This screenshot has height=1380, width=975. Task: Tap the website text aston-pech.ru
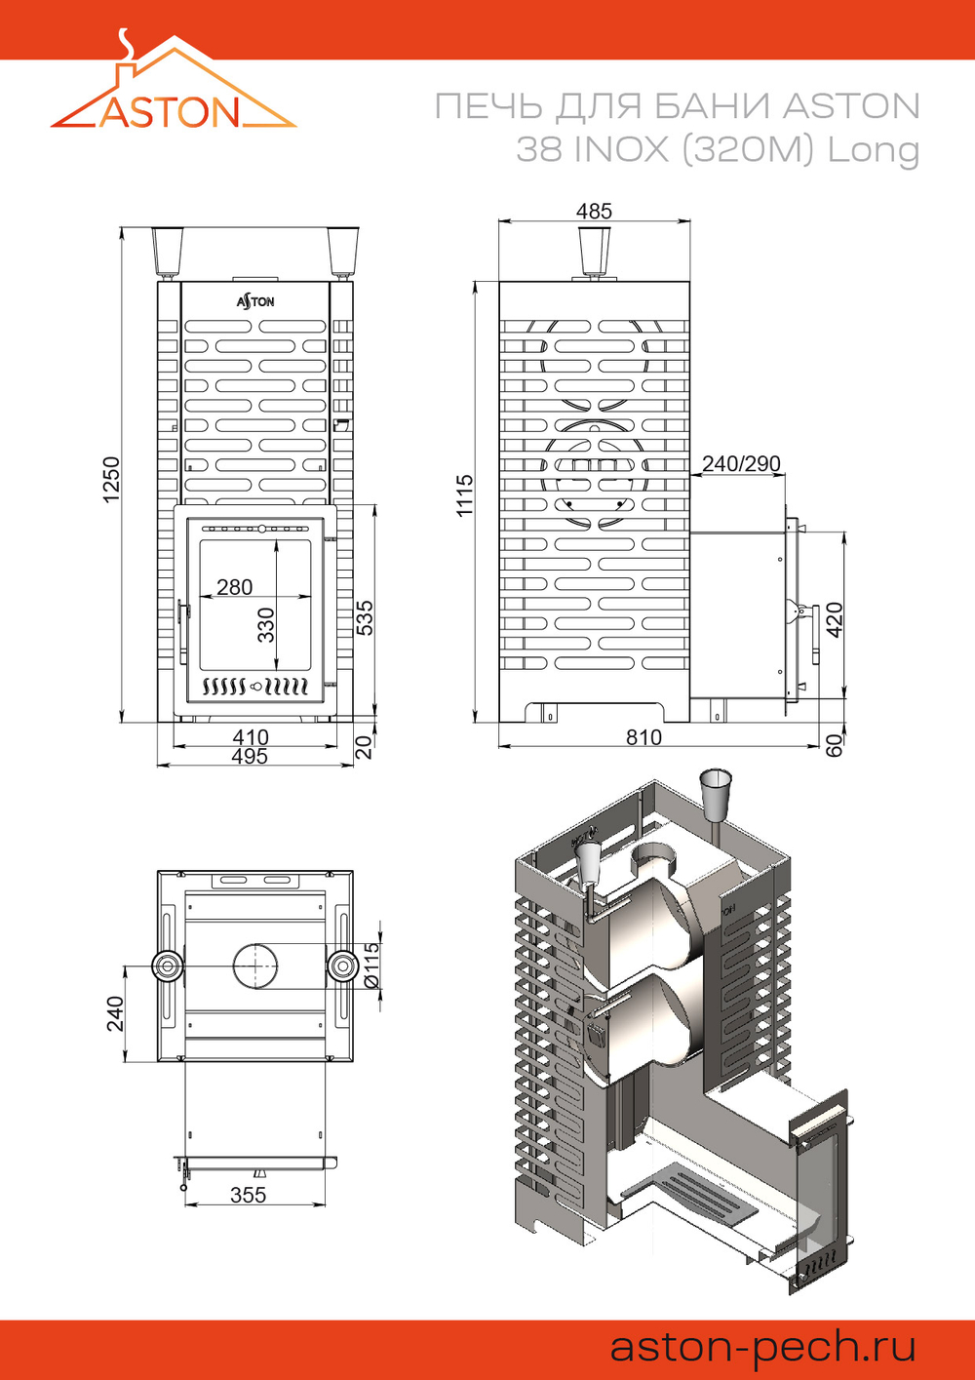coord(762,1347)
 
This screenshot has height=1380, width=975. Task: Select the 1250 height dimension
coord(111,480)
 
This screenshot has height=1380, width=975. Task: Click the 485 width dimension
coord(594,211)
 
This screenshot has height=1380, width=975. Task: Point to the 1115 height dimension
coord(465,495)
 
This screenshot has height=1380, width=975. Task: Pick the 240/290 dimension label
coord(741,463)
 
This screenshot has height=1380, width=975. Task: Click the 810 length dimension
coord(643,737)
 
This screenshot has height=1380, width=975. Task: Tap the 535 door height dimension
coord(365,618)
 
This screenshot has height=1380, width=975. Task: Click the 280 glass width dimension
coord(234,587)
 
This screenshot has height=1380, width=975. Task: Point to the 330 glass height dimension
coord(266,625)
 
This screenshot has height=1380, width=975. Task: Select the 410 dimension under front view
coord(251,737)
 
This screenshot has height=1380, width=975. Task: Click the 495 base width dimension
coord(250,756)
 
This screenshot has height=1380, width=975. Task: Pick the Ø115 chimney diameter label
coord(371,966)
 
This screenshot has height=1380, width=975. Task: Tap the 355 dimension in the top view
coord(248,1195)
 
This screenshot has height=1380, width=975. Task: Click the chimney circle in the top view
coord(254,966)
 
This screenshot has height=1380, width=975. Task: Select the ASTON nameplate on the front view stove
coord(255,301)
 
